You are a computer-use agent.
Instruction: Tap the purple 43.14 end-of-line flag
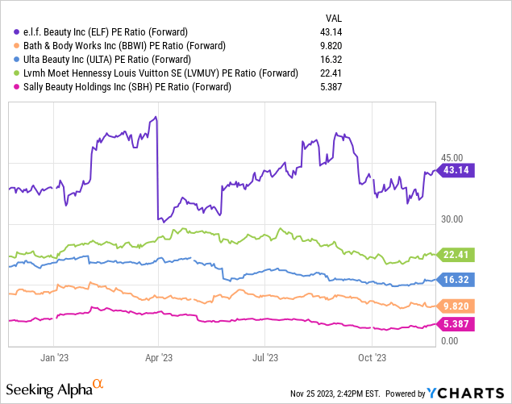[456, 170]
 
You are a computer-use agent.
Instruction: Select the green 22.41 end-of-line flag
[456, 255]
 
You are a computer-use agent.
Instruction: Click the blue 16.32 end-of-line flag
[456, 280]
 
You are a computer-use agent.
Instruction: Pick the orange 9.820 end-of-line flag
[456, 306]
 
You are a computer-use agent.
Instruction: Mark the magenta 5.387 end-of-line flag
[456, 324]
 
